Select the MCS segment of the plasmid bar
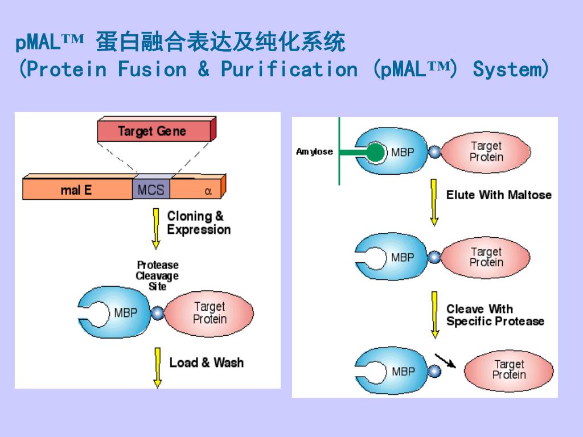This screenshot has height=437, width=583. point(151,189)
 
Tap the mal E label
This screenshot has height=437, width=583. point(76,190)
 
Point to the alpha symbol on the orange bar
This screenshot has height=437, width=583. point(208,191)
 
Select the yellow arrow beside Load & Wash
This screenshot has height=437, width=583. point(158,368)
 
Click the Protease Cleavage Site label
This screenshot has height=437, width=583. point(157,275)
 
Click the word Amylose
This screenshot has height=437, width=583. point(314,151)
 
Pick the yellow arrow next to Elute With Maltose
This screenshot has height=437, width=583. point(434,203)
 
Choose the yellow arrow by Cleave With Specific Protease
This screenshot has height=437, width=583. point(434,315)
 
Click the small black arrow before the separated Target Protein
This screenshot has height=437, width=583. point(445,360)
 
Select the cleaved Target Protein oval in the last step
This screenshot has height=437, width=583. point(508,370)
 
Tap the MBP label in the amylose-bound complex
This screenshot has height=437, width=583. point(403,152)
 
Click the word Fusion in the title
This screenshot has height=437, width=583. point(152,69)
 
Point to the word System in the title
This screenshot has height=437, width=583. point(507,69)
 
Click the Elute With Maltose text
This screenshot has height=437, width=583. point(499,195)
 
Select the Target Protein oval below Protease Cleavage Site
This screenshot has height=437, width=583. point(208,313)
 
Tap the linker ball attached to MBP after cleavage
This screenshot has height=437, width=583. point(434,371)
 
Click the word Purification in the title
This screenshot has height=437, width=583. point(289,69)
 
